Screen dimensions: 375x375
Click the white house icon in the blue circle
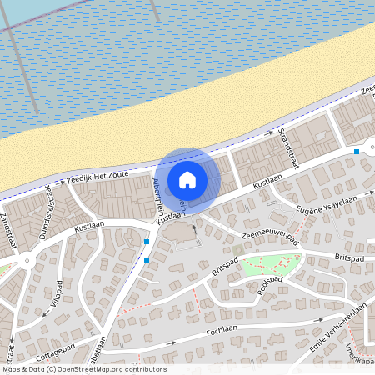[x=187, y=179]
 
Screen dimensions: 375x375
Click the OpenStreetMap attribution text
[x=83, y=369]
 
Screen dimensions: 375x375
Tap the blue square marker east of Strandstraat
[x=357, y=152]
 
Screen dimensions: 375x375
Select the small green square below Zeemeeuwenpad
[x=237, y=248]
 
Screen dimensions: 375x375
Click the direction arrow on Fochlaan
[x=319, y=318]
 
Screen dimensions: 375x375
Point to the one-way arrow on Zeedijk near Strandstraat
[x=268, y=132]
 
